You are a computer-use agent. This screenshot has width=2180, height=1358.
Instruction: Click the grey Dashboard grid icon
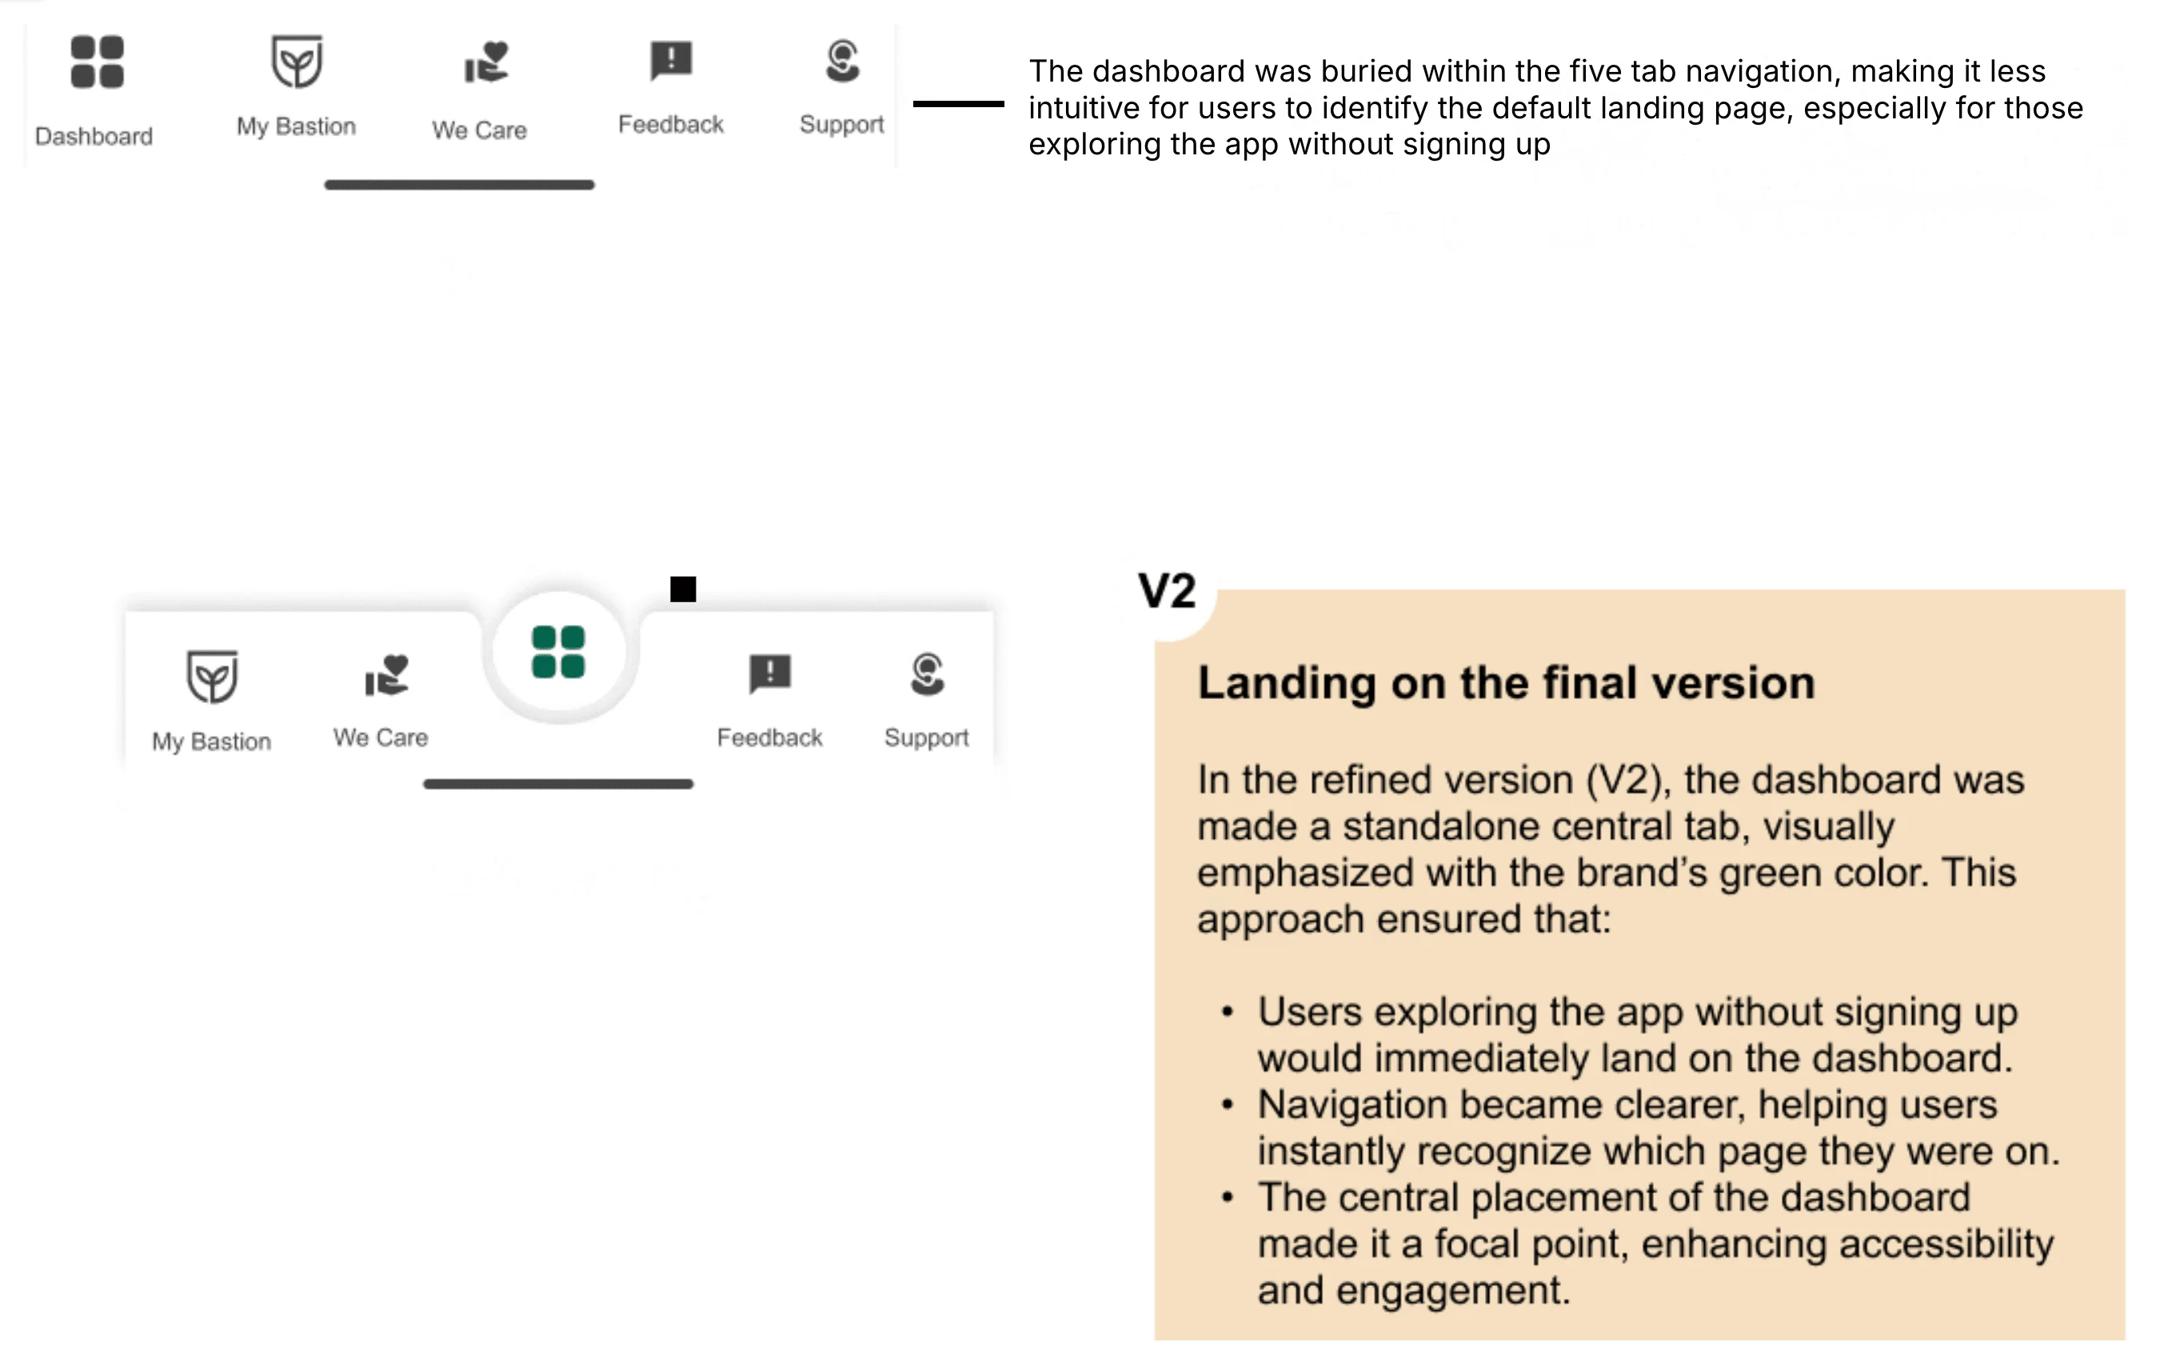[97, 62]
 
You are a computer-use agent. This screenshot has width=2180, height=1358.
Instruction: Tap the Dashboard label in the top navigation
[94, 137]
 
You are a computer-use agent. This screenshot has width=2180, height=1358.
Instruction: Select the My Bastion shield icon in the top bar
[297, 62]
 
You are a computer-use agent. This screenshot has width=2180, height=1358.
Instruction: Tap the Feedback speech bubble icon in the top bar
[671, 60]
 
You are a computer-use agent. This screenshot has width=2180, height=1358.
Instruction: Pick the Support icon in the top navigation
[842, 61]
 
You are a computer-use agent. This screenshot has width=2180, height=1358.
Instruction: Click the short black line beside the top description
[958, 104]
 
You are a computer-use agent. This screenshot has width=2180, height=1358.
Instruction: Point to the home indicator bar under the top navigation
[459, 185]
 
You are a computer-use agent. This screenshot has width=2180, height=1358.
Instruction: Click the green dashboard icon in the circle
[558, 652]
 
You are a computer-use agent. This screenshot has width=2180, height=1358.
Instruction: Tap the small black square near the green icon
[683, 589]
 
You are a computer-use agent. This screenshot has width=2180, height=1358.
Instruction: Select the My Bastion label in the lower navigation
[211, 742]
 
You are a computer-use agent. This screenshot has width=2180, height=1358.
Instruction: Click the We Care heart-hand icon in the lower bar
[387, 676]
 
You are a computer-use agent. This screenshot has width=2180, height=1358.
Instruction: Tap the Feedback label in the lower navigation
[769, 738]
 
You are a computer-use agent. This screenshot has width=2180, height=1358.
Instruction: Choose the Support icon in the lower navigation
[927, 674]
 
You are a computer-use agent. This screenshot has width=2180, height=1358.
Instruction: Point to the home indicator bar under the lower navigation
[557, 784]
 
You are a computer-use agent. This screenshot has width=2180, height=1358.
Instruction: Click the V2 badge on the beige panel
[1166, 592]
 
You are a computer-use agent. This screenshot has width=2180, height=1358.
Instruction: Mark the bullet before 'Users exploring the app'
[1228, 1013]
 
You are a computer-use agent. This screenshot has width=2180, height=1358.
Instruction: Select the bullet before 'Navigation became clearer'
[1228, 1104]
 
